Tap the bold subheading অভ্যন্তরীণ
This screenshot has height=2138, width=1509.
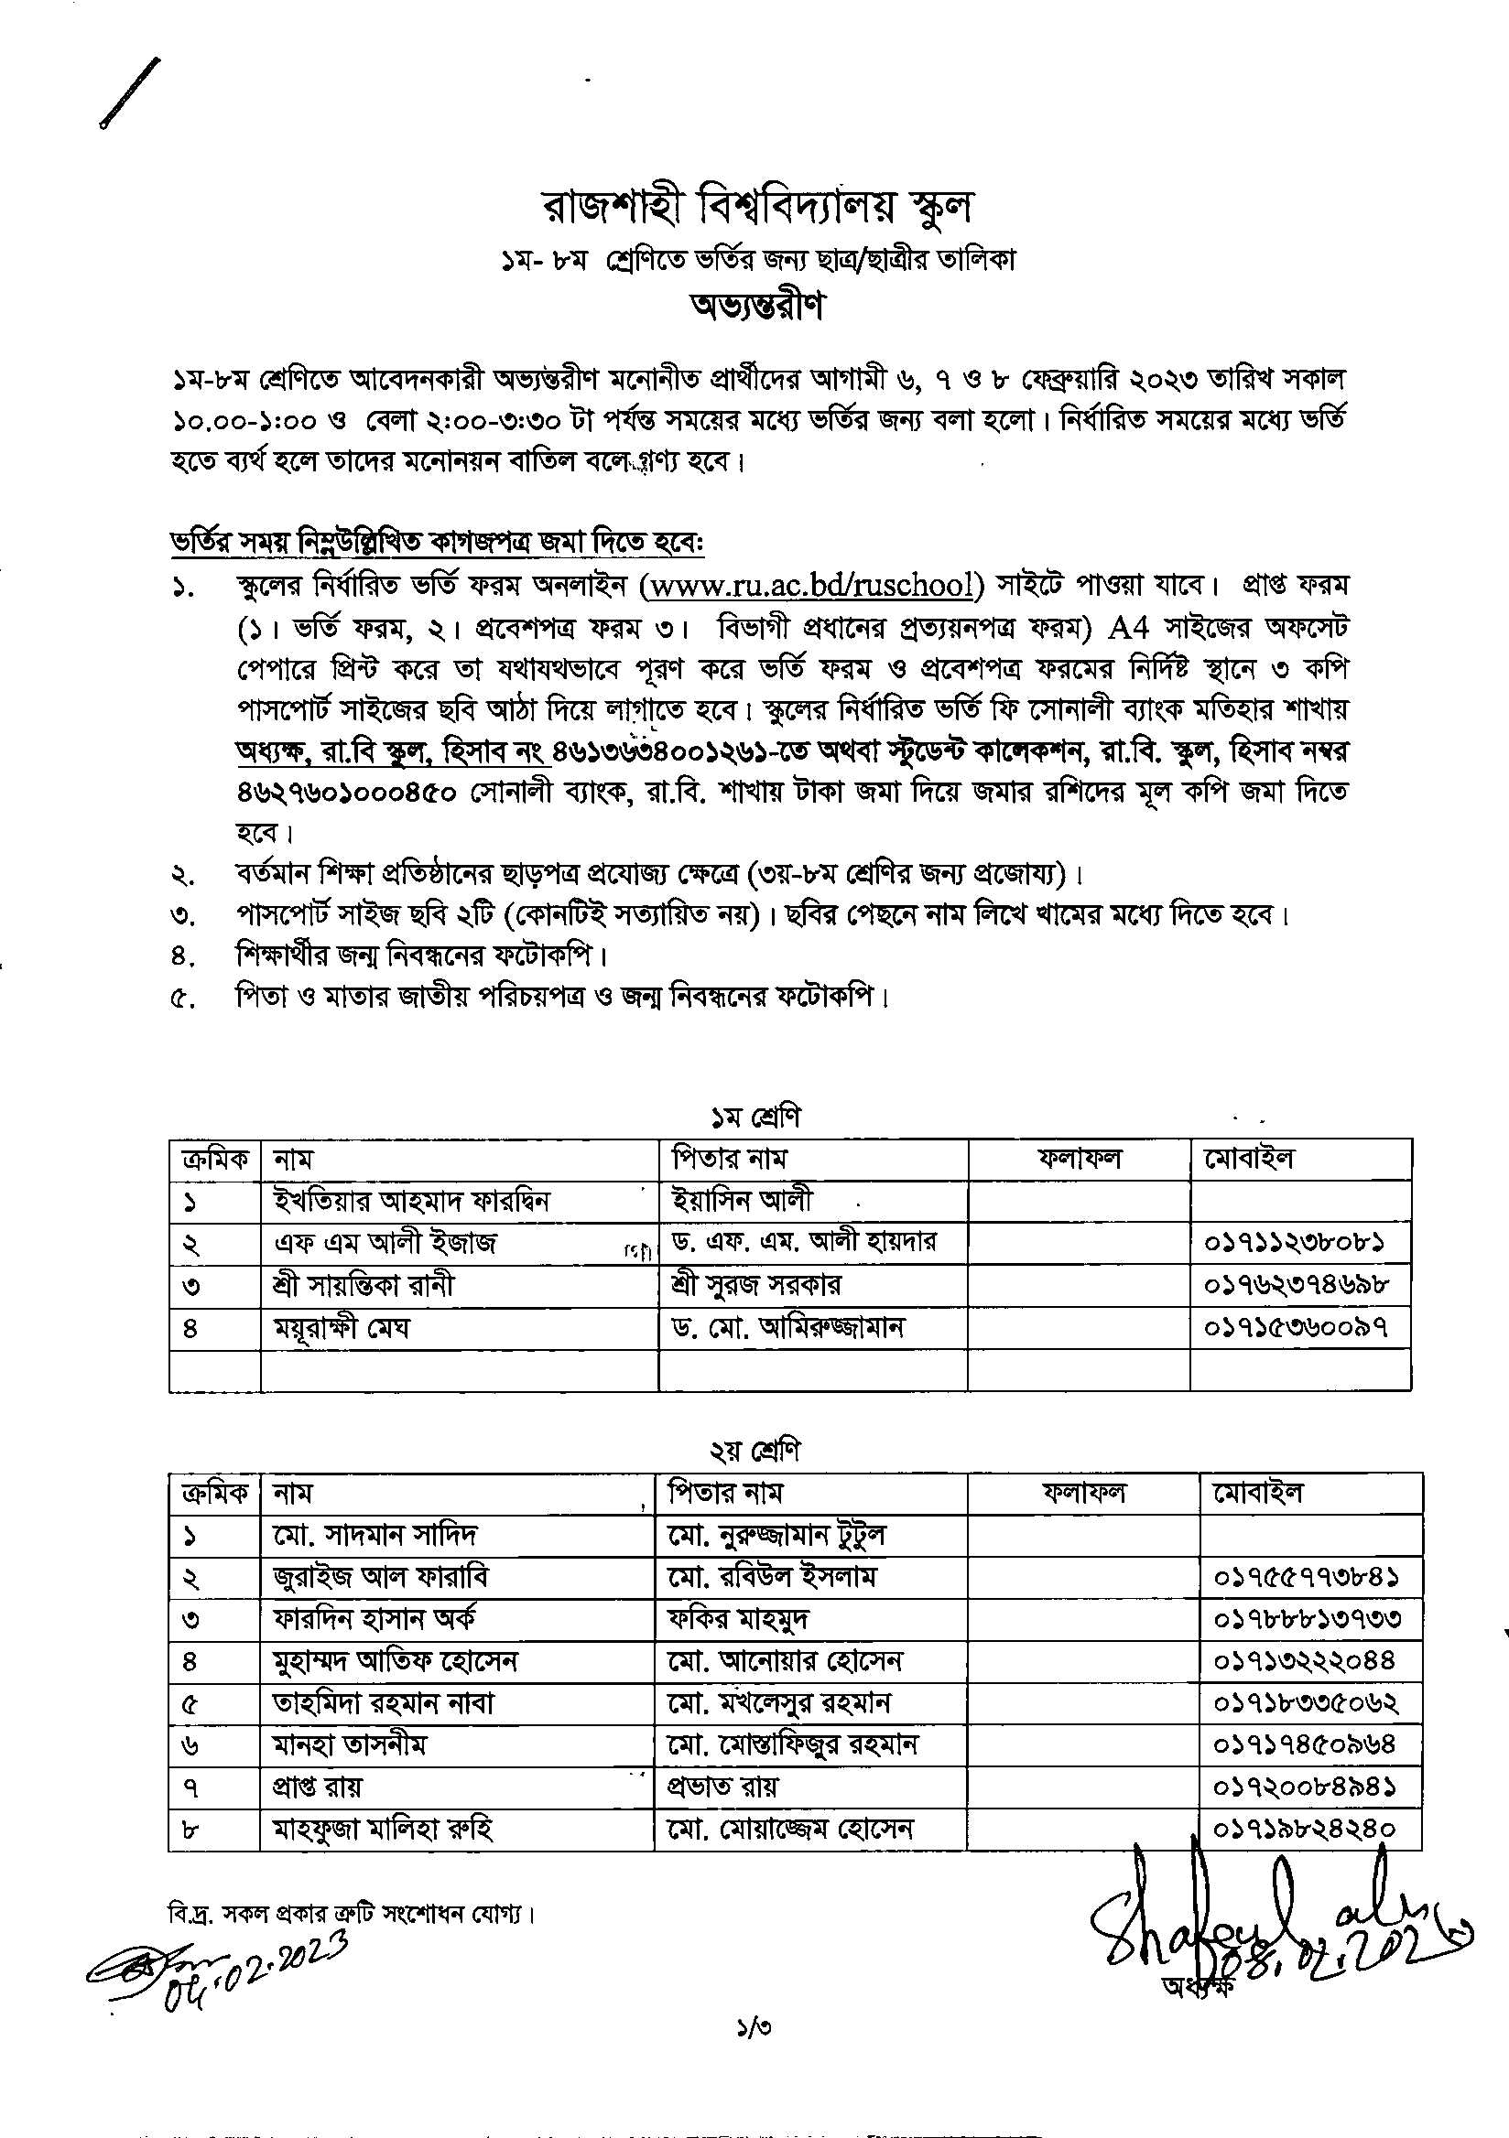(755, 307)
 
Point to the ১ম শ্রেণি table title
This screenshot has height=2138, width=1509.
(754, 1117)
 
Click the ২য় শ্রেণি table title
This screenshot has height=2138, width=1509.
(754, 1450)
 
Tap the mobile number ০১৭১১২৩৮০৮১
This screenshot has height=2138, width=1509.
(1298, 1242)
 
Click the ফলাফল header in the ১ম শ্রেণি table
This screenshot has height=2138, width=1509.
(1080, 1159)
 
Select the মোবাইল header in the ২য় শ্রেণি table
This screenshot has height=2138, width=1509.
(1257, 1493)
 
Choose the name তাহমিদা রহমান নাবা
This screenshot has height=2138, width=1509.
(383, 1703)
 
